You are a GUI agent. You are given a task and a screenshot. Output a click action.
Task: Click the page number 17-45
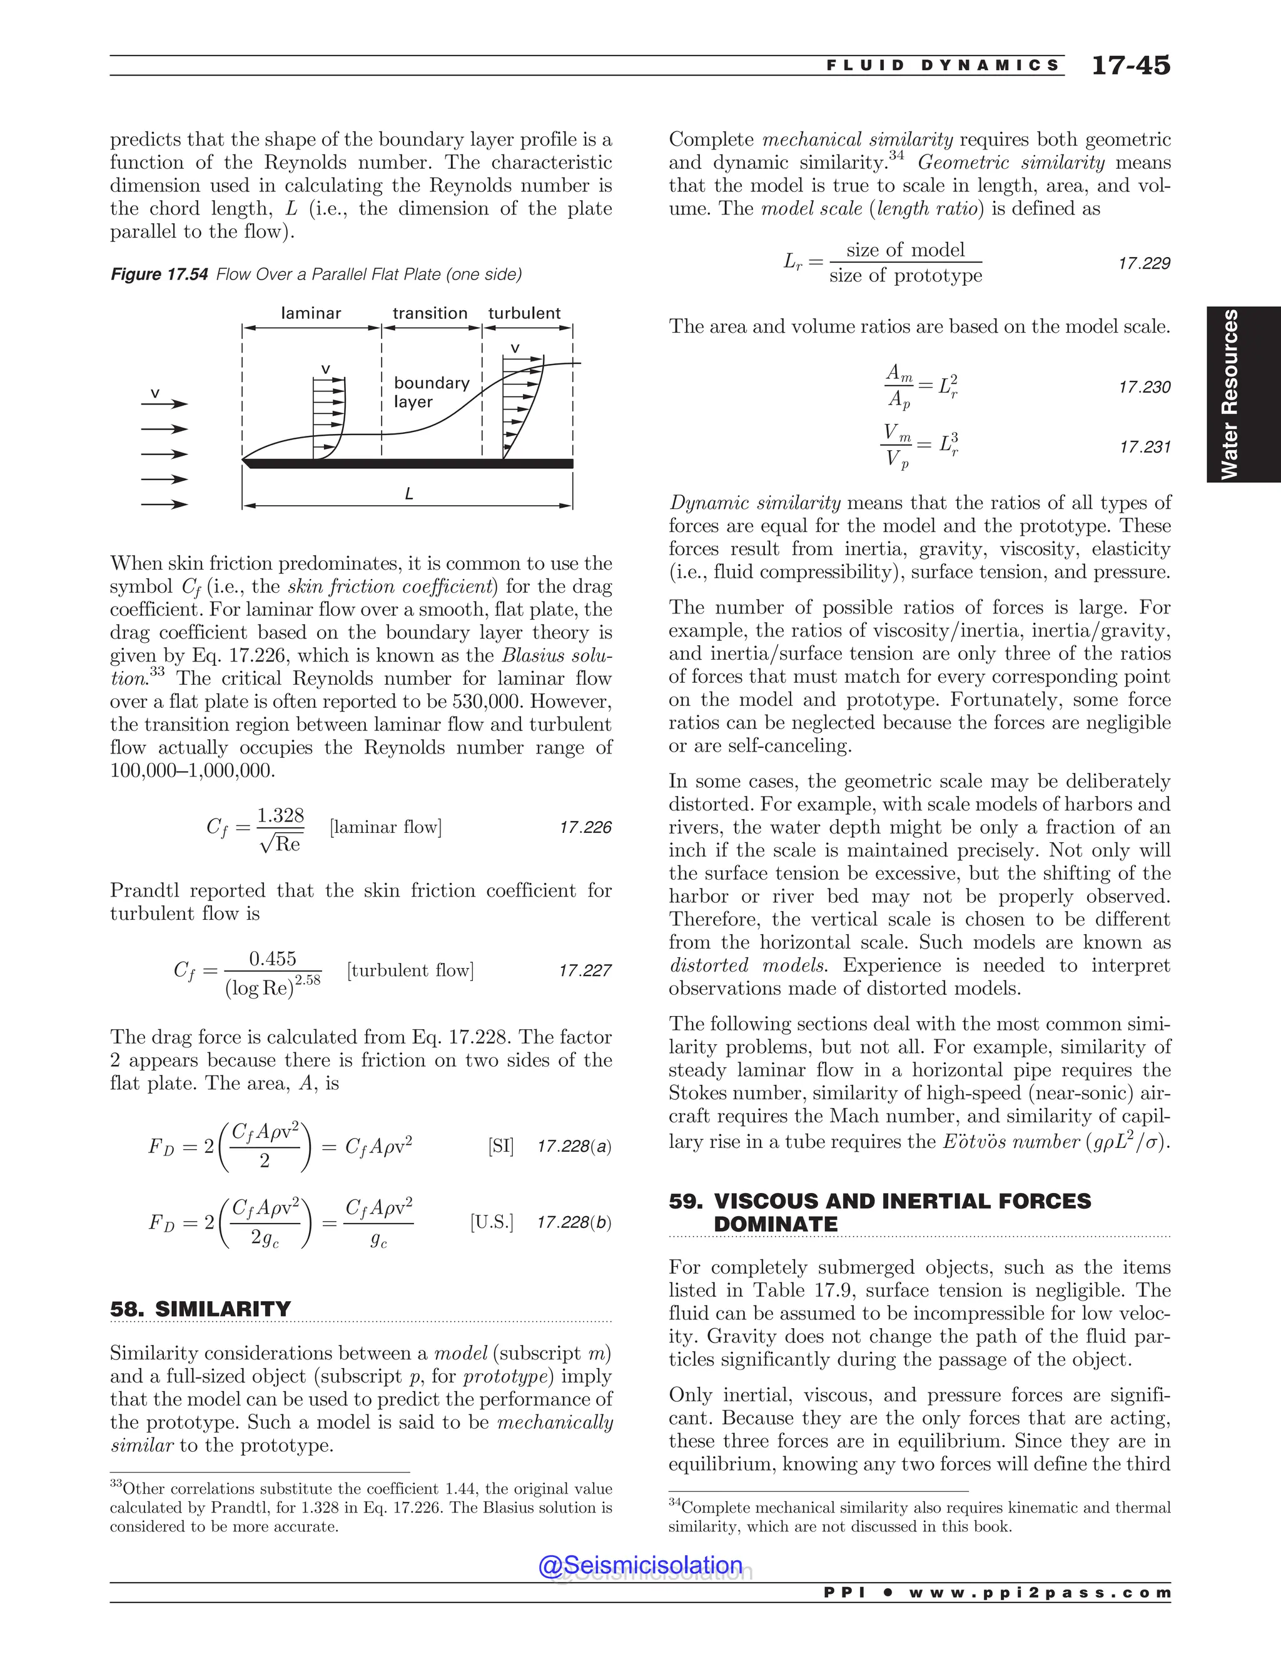[x=1130, y=65]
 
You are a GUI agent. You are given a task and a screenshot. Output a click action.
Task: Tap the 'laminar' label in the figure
[x=310, y=313]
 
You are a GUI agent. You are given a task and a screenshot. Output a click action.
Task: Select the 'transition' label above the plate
[x=430, y=313]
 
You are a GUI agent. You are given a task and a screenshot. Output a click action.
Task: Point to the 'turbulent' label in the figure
[x=524, y=313]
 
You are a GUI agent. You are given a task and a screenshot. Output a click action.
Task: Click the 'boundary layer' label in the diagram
[x=431, y=392]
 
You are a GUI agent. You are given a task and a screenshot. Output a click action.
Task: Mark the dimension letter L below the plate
[x=409, y=494]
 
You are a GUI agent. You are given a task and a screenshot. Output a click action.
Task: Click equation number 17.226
[x=585, y=828]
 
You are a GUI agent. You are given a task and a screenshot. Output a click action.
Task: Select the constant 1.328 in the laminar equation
[x=280, y=815]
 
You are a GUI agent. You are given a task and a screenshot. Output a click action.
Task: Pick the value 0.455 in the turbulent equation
[x=273, y=959]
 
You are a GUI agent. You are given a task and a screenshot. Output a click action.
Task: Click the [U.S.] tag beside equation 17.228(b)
[x=492, y=1223]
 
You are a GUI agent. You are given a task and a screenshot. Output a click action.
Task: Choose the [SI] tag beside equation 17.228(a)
[x=501, y=1146]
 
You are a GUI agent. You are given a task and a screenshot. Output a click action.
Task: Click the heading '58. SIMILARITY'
[x=200, y=1309]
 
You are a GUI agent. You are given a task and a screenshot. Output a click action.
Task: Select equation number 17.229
[x=1145, y=263]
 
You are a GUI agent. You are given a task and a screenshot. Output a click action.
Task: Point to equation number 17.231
[x=1145, y=447]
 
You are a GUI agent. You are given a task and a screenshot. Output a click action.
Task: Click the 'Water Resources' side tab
[x=1229, y=394]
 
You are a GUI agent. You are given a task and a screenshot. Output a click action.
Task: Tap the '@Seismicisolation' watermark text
[x=640, y=1566]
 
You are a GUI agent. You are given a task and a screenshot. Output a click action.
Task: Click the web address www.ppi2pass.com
[x=1040, y=1593]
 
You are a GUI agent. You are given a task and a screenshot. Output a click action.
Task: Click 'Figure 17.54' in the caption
[x=159, y=274]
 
